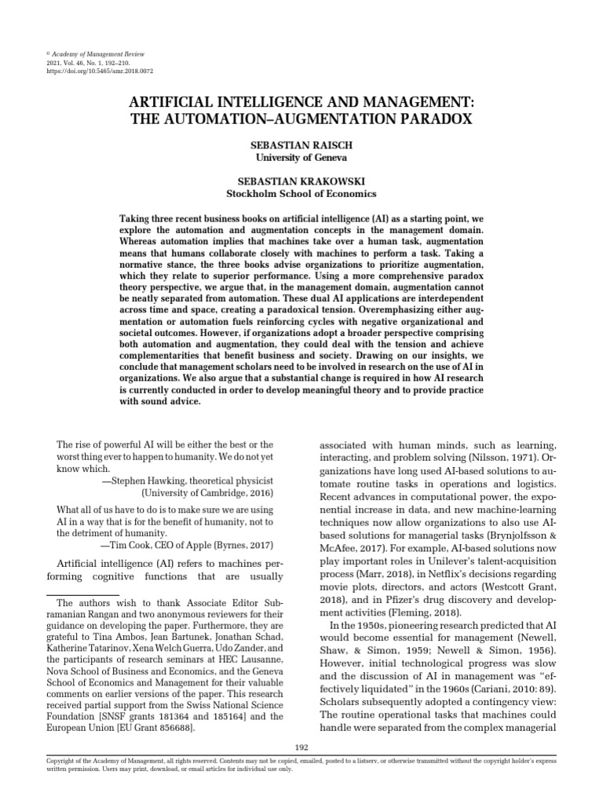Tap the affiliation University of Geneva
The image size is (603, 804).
coord(301,158)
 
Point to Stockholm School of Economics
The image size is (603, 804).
coord(301,193)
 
